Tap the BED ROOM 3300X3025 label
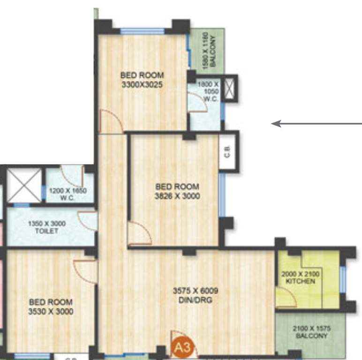[142, 80]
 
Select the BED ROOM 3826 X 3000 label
[177, 191]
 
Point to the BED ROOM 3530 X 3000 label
[50, 307]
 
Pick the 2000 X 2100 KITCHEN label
[300, 277]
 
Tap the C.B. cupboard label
[227, 150]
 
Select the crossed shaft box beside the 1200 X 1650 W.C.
[23, 185]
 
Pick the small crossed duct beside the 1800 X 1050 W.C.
[229, 88]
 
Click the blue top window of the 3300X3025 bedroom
[142, 31]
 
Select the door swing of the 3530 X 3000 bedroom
[86, 271]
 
